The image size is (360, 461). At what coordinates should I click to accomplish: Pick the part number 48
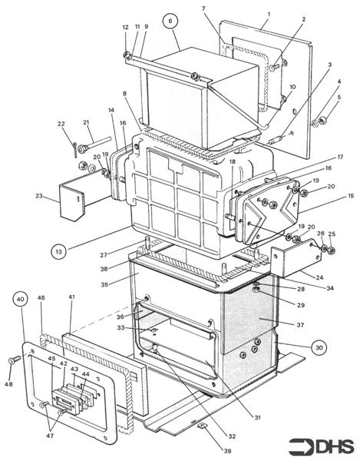coord(9,383)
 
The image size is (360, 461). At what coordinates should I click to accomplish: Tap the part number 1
coord(269,15)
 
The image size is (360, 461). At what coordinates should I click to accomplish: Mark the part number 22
coord(61,124)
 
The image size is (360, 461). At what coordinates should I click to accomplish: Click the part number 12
coord(125,28)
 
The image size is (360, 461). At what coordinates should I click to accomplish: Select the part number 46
coord(41,297)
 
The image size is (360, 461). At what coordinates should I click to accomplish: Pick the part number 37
coord(301,325)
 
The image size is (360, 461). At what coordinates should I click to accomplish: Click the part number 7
coord(203,8)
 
